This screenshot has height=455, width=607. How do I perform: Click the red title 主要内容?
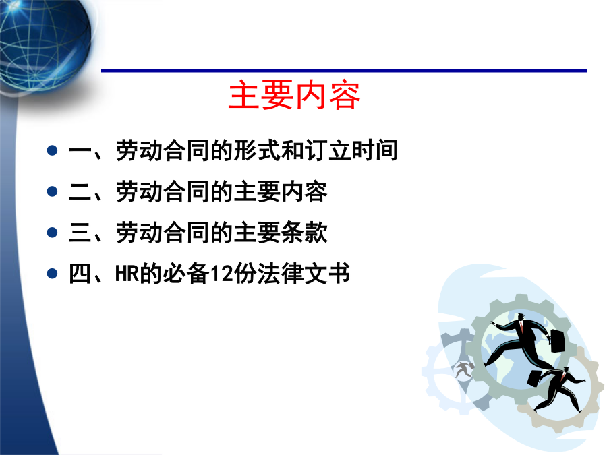(x=294, y=95)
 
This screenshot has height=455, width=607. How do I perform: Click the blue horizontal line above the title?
(x=344, y=71)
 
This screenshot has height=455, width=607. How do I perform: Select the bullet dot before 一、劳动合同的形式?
(x=52, y=150)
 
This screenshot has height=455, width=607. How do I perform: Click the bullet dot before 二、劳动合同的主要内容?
(x=52, y=191)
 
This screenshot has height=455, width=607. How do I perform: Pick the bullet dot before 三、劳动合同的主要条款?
(x=52, y=233)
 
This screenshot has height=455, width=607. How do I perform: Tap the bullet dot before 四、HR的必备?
(x=52, y=274)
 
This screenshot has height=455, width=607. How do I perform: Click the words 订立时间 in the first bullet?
(x=351, y=150)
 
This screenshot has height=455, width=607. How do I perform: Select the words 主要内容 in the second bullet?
(x=281, y=191)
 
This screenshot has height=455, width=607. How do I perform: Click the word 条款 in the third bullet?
(x=304, y=233)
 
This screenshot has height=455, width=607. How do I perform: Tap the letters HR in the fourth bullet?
(x=127, y=274)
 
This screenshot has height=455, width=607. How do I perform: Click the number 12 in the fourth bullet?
(x=221, y=274)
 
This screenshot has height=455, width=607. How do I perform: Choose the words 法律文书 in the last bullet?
(x=303, y=274)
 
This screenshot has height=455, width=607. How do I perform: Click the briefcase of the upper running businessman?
(x=558, y=341)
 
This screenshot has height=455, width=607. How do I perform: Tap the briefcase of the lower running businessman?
(x=534, y=377)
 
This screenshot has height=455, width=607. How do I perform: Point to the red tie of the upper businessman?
(x=521, y=328)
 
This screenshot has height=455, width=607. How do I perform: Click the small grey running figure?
(x=463, y=370)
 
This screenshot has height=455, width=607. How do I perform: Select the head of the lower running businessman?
(x=567, y=370)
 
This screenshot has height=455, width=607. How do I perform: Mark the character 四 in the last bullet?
(x=80, y=274)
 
